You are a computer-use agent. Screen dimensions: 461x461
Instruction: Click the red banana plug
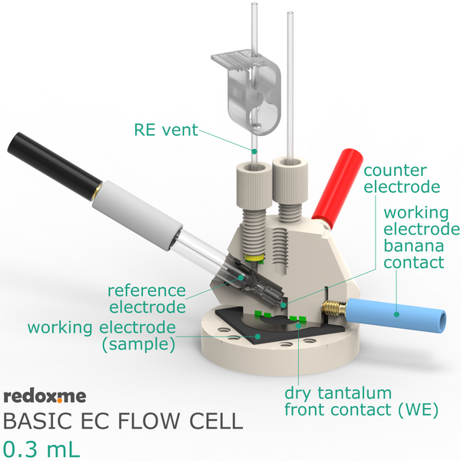337,188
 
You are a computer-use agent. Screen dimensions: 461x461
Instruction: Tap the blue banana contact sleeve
396,316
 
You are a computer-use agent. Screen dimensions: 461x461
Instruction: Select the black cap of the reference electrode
54,165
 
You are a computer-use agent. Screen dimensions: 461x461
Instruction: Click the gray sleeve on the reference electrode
138,215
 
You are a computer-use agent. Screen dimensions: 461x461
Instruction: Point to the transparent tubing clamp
247,91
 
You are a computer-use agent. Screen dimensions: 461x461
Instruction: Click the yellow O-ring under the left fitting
254,258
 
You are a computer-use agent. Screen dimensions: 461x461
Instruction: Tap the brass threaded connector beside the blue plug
334,309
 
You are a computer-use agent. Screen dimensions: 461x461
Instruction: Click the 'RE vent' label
166,130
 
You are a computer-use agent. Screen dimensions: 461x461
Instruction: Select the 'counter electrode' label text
402,179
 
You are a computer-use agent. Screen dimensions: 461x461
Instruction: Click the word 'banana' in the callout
413,246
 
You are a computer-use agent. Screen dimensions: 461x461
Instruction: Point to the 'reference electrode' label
147,299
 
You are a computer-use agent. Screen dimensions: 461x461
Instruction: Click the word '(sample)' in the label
138,344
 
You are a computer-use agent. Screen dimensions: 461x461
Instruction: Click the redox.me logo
45,396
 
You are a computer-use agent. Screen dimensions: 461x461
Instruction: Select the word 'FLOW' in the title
149,421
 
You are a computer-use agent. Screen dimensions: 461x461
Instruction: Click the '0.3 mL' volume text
41,449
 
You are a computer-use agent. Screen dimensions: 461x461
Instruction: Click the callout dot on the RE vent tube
254,151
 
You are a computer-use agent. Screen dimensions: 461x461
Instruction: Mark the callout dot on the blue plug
396,314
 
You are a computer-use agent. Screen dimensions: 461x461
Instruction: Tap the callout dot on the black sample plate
258,337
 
